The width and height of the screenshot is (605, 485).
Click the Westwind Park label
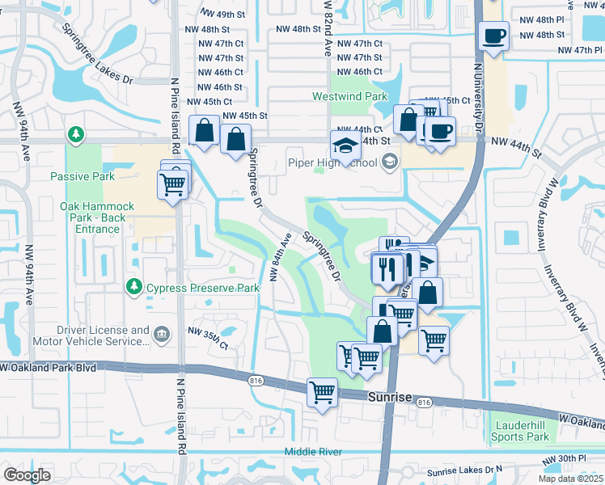pyautogui.click(x=350, y=96)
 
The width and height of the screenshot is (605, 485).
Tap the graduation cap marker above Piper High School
pyautogui.click(x=345, y=147)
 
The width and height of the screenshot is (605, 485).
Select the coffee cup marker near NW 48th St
pyautogui.click(x=493, y=36)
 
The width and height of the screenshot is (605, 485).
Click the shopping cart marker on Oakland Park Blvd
pyautogui.click(x=322, y=393)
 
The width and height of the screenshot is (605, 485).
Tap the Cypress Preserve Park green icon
pyautogui.click(x=133, y=287)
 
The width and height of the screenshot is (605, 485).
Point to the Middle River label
pyautogui.click(x=313, y=452)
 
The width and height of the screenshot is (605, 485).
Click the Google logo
pyautogui.click(x=26, y=475)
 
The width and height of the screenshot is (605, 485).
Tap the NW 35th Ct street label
pyautogui.click(x=208, y=338)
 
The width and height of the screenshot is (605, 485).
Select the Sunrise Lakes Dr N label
pyautogui.click(x=464, y=470)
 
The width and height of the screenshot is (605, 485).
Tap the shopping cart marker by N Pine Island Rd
pyautogui.click(x=173, y=184)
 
